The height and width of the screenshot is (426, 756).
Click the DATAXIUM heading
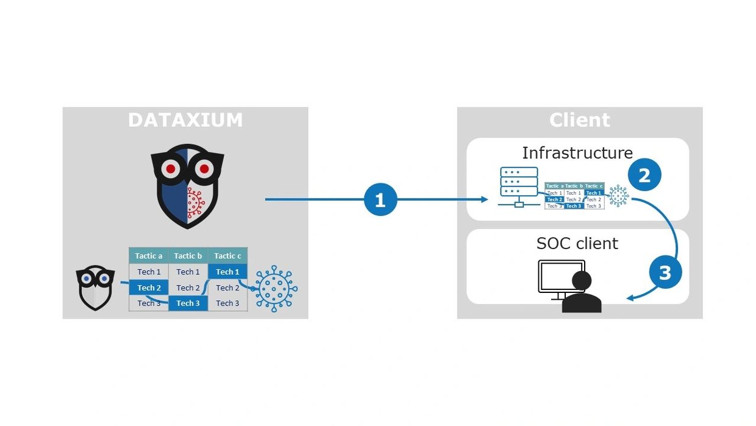click(185, 120)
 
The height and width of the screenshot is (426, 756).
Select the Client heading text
click(579, 120)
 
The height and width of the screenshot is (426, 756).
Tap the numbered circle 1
click(380, 200)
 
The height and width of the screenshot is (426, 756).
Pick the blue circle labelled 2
click(644, 176)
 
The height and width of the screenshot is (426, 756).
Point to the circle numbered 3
click(665, 272)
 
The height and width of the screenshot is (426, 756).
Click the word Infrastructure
click(577, 153)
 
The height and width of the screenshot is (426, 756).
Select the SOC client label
click(577, 244)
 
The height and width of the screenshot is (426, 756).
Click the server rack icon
click(519, 184)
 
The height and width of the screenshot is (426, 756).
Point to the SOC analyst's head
click(581, 281)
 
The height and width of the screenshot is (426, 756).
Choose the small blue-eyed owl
click(96, 287)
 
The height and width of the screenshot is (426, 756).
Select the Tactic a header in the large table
click(149, 256)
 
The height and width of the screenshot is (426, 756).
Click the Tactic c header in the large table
click(227, 256)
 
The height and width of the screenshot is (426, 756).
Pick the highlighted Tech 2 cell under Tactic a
click(149, 287)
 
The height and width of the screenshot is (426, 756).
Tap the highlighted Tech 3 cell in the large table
click(188, 303)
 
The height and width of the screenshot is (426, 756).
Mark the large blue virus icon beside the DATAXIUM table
click(275, 289)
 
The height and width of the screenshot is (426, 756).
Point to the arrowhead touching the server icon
click(485, 200)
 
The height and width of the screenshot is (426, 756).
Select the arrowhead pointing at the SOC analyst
click(631, 298)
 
